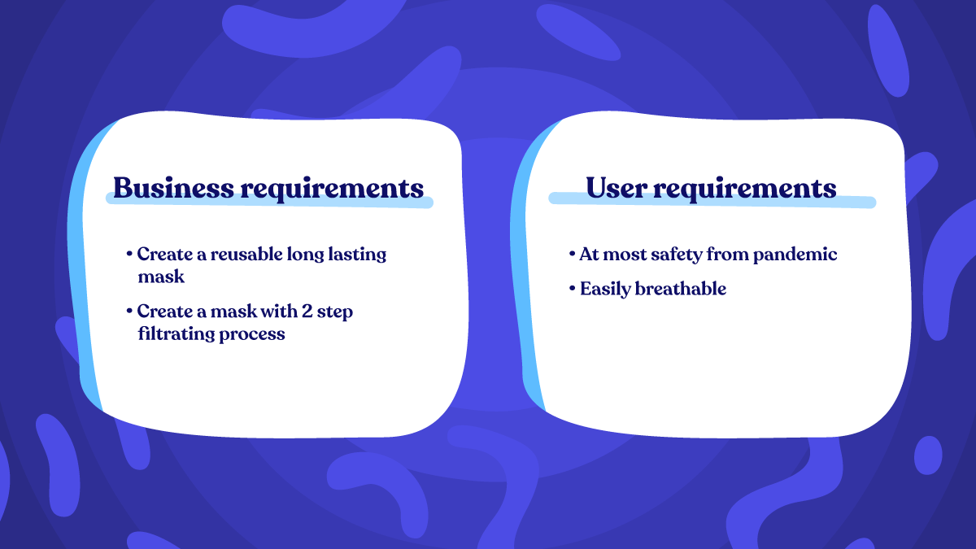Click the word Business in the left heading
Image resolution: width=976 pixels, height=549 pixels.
[x=172, y=188]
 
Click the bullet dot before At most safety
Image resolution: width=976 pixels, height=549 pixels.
[x=573, y=255]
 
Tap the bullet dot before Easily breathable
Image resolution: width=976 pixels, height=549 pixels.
[x=573, y=289]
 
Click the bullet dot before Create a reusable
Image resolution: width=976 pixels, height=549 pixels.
[x=130, y=255]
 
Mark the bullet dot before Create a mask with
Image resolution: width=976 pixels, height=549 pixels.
[x=130, y=312]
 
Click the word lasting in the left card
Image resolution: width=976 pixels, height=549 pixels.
[x=359, y=254]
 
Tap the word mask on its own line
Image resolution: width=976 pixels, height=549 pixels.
[x=160, y=277]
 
